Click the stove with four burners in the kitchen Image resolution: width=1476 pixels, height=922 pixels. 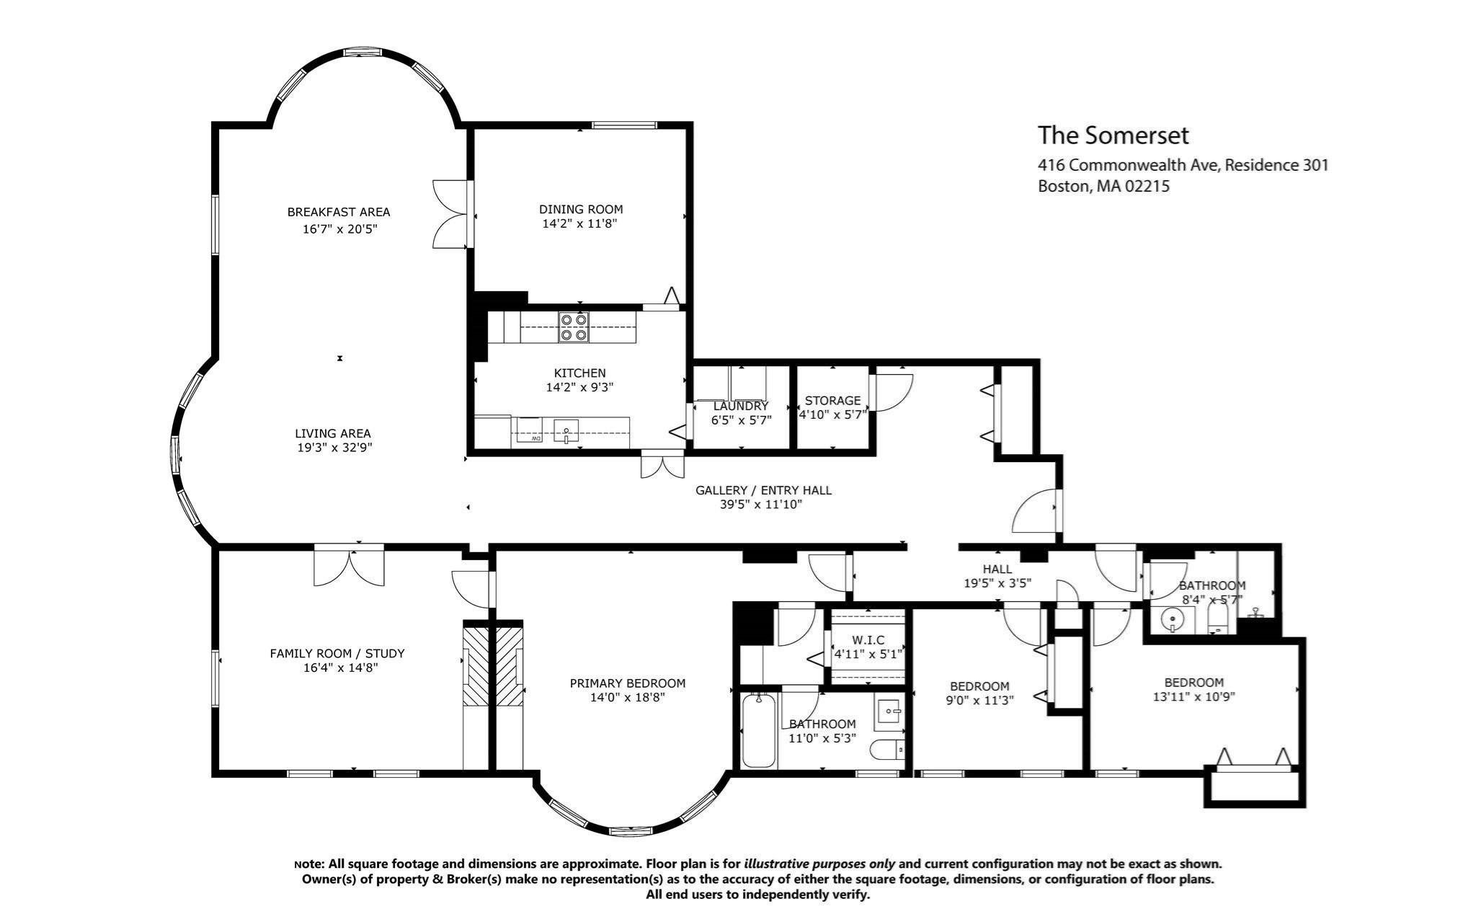pos(573,327)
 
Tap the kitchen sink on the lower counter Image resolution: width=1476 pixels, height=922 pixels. pos(567,433)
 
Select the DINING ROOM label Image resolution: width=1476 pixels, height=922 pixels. pos(581,210)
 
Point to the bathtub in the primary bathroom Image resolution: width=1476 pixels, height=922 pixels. pos(758,730)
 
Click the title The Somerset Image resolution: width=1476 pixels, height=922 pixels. pos(1113,136)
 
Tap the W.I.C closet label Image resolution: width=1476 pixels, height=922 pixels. pos(868,640)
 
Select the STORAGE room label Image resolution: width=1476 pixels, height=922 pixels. pos(832,401)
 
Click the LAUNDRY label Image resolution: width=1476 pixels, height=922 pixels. pos(741,406)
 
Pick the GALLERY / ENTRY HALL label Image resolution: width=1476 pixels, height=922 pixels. pos(763,490)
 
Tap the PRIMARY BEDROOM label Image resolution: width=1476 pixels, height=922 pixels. pos(627,683)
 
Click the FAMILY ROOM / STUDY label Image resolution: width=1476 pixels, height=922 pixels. pos(337,654)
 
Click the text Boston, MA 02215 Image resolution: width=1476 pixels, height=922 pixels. pos(1103,187)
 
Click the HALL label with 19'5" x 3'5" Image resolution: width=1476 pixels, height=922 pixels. pos(997,569)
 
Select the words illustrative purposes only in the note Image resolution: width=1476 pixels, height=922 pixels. pos(819,864)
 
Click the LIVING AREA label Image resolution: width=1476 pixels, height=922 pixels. pos(333,433)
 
